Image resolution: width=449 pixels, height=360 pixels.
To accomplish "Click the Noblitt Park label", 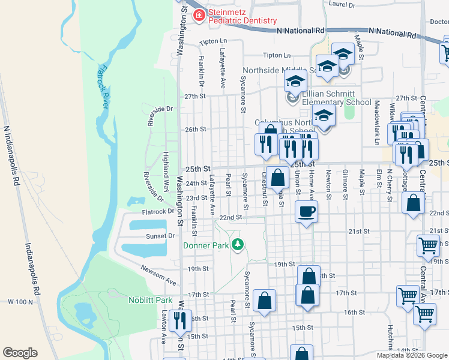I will (x=150, y=300).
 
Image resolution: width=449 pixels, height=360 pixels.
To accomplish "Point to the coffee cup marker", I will (x=307, y=212).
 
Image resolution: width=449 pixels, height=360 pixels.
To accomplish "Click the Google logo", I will (x=20, y=353).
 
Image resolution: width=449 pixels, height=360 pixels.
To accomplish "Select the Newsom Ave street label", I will (x=159, y=275).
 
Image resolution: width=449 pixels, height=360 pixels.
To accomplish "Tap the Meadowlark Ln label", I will (x=377, y=122).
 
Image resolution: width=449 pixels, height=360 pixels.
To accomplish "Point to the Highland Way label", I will (x=165, y=163).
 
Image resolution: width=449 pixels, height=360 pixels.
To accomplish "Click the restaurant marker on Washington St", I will (x=180, y=320).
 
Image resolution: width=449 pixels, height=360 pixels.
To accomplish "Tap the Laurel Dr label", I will (x=342, y=5).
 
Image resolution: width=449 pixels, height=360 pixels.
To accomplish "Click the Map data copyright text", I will (x=412, y=355).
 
